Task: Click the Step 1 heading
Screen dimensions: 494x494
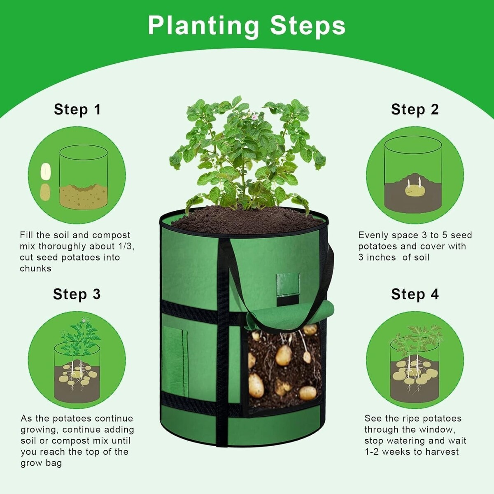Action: click(77, 110)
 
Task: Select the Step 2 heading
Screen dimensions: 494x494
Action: click(415, 110)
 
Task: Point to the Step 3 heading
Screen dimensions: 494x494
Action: click(77, 294)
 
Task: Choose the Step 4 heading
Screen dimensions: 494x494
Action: click(415, 294)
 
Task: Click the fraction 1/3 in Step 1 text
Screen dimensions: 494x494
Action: click(126, 246)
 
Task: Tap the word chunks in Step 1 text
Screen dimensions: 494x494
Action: click(36, 268)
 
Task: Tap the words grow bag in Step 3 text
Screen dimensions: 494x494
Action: click(41, 463)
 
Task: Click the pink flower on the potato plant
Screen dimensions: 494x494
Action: click(254, 117)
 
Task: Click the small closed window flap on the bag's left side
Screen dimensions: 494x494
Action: click(175, 363)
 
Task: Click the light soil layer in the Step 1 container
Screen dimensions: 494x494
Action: click(84, 196)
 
